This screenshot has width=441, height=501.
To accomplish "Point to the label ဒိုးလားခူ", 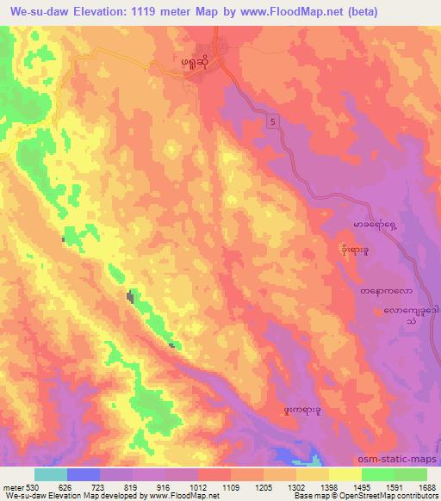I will (354, 251).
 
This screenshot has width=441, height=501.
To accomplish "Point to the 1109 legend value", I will (231, 486).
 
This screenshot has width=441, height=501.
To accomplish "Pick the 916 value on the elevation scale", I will (165, 486).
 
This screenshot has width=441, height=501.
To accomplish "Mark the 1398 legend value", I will (330, 486).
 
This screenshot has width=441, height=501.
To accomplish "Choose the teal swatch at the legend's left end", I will (50, 474).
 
